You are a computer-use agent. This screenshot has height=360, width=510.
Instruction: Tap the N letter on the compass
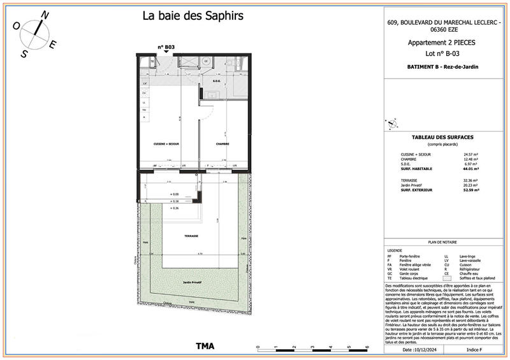click(44, 15)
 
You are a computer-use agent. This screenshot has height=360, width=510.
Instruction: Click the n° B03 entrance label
click(166, 47)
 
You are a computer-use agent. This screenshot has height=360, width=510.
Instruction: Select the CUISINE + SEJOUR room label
click(166, 144)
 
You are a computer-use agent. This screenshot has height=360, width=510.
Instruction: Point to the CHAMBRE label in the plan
click(222, 144)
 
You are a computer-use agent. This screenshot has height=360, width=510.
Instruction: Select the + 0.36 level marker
click(175, 208)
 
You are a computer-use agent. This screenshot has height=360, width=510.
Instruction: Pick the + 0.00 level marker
click(174, 194)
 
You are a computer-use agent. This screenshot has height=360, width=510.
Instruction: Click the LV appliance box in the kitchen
click(145, 83)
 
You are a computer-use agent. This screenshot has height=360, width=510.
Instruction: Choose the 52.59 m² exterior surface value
click(470, 190)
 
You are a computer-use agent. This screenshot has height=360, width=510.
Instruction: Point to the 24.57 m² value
click(470, 155)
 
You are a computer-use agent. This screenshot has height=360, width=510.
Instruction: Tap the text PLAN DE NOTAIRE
click(441, 243)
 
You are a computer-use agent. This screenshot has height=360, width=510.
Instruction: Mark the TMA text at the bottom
click(204, 347)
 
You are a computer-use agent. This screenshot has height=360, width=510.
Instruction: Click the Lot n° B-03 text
click(442, 55)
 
